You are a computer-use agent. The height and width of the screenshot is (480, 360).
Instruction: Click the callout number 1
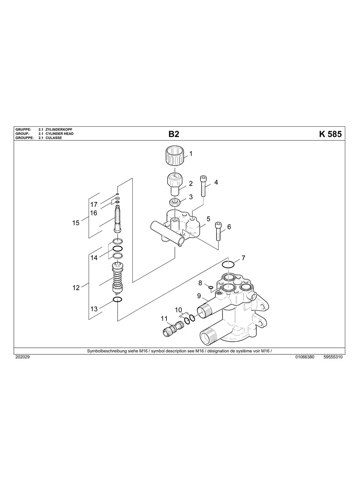tap(191, 153)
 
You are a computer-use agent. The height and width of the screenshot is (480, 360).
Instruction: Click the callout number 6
tap(228, 227)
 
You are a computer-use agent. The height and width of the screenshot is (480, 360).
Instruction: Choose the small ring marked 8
tap(211, 287)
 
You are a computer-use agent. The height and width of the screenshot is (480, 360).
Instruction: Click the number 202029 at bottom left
tap(22, 357)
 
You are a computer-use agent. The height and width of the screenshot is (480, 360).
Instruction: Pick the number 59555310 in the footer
tap(333, 357)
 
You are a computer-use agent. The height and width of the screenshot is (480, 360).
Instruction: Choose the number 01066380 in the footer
tap(305, 357)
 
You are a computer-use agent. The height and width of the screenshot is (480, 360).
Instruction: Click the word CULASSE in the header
tap(54, 138)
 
